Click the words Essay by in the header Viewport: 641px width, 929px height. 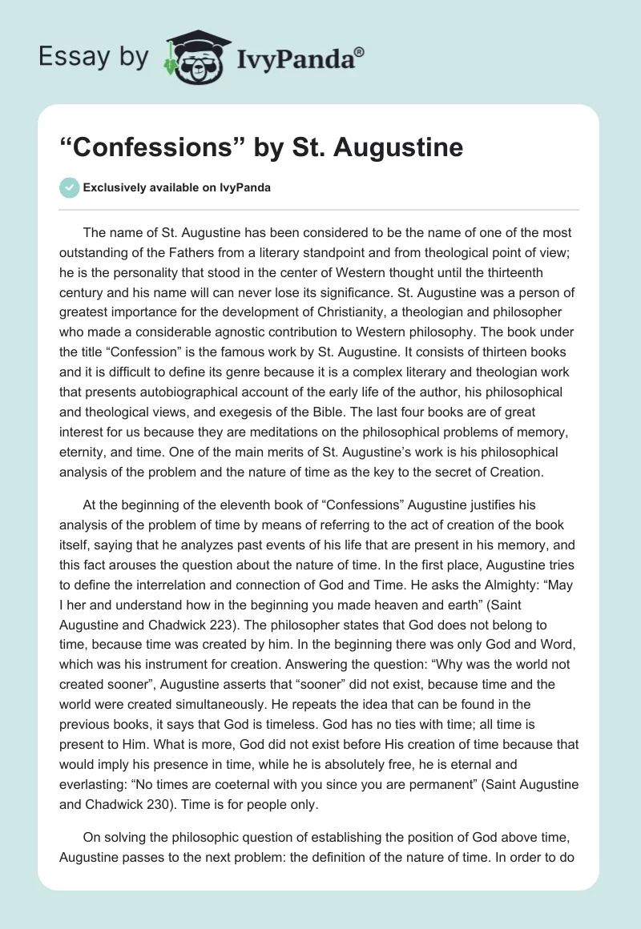(94, 56)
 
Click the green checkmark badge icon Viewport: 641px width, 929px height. (69, 187)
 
